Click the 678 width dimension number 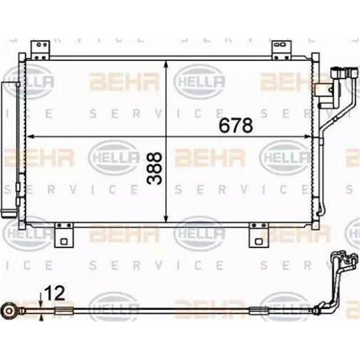[x=235, y=126]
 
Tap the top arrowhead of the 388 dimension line [x=167, y=63]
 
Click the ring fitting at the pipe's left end [x=8, y=310]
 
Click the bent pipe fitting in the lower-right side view [x=337, y=279]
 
